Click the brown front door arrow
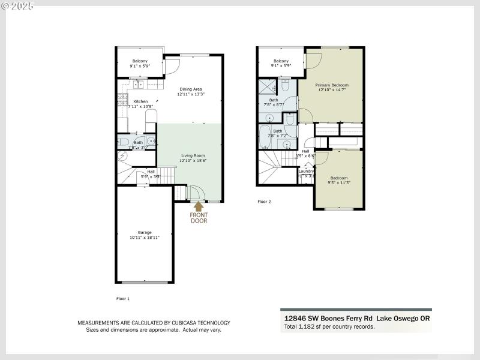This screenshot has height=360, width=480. click(x=199, y=206)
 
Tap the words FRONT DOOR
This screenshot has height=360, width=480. click(x=199, y=217)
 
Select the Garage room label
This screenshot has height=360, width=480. click(x=145, y=235)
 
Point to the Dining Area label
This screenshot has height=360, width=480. click(x=190, y=91)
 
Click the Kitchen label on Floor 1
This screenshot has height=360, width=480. click(x=140, y=104)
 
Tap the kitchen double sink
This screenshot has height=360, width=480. click(x=137, y=85)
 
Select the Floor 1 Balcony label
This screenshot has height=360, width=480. click(x=140, y=63)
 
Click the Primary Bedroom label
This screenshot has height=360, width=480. click(x=332, y=88)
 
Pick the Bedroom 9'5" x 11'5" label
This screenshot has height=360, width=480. click(x=339, y=181)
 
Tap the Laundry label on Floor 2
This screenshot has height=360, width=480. click(x=306, y=173)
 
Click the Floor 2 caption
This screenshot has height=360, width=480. click(x=264, y=202)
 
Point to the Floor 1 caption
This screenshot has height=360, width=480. click(x=122, y=298)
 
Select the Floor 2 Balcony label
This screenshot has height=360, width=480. click(x=281, y=63)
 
